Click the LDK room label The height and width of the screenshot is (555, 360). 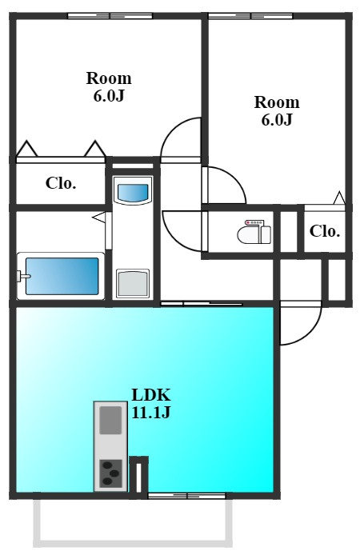[x=151, y=394]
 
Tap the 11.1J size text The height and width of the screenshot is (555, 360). [x=151, y=412]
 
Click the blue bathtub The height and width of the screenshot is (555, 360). [x=62, y=276]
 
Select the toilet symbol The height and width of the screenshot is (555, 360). [x=254, y=232]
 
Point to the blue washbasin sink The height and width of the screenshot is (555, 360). [x=133, y=193]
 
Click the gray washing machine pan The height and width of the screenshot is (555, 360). [x=133, y=283]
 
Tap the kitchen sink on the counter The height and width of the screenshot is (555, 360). [x=110, y=420]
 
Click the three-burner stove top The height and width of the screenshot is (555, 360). [x=110, y=473]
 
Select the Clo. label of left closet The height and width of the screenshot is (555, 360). [x=61, y=183]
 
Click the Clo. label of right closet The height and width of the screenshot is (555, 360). [x=325, y=231]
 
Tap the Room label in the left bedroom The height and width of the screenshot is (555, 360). [x=109, y=78]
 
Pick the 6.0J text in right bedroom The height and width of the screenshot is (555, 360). [x=277, y=120]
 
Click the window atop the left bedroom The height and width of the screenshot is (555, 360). [x=110, y=16]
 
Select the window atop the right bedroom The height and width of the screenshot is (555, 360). [x=250, y=16]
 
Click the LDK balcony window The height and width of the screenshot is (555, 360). [x=186, y=496]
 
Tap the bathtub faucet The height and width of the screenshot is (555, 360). [x=22, y=277]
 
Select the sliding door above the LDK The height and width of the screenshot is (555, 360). [x=202, y=304]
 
